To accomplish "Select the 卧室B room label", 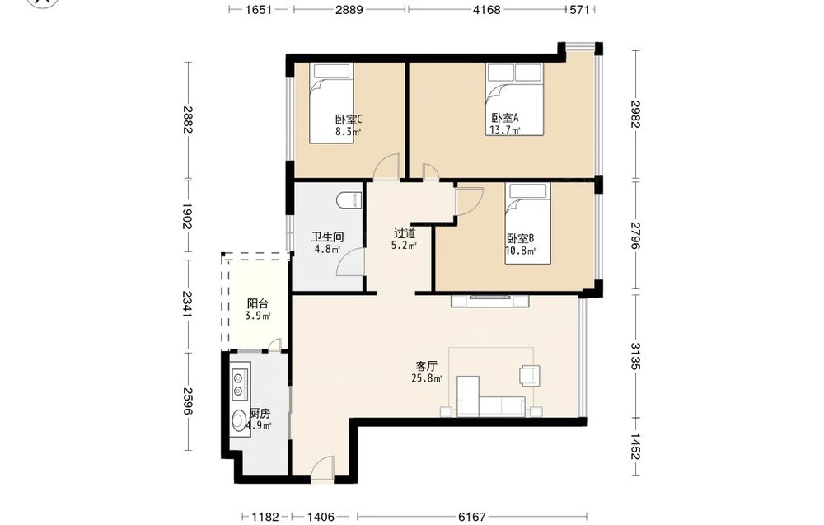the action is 520,238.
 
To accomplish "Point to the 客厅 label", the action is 426,366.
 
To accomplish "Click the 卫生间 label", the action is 327,237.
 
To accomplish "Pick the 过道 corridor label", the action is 405,232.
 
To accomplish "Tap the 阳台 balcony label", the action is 257,304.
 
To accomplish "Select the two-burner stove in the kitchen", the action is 240,384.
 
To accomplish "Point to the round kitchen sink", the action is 240,420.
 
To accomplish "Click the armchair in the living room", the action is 529,375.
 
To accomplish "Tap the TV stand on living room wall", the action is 489,301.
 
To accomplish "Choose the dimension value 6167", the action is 471,517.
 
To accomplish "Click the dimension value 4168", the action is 486,9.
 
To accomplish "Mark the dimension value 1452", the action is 635,446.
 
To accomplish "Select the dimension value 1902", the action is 187,216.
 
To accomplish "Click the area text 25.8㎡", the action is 426,377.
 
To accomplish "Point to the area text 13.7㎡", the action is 504,129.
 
